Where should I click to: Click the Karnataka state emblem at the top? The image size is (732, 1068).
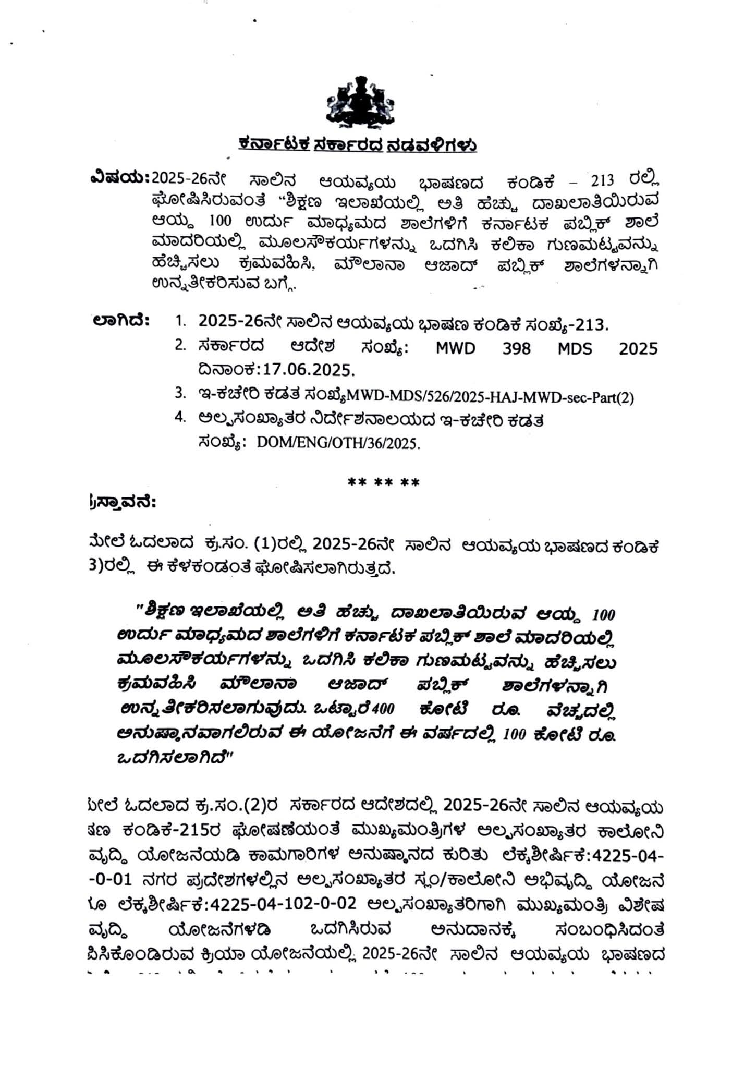[360, 102]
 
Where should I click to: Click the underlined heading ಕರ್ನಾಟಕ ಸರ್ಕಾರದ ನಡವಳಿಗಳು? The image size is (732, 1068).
[358, 144]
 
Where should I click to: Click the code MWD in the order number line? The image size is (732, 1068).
[456, 348]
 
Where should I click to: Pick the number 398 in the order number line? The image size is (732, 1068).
[516, 348]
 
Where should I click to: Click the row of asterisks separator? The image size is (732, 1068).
[383, 482]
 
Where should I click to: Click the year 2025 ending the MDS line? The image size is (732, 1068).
[638, 348]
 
